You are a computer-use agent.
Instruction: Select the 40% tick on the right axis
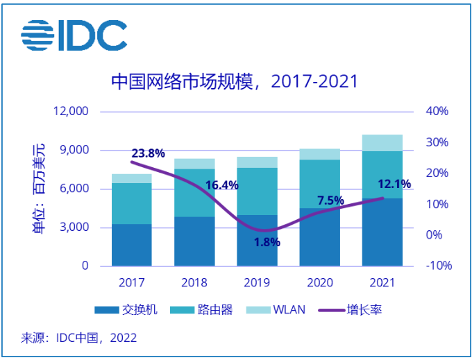coord(437,111)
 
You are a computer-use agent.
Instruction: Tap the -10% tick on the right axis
coord(436,266)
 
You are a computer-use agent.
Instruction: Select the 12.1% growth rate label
coord(394,184)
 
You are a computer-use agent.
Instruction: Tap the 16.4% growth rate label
coord(222,185)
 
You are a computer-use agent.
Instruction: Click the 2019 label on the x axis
coord(256,282)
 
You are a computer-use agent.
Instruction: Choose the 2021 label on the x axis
coord(382,282)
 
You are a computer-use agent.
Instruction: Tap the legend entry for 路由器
coord(201,310)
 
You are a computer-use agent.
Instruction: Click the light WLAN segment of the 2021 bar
coord(382,142)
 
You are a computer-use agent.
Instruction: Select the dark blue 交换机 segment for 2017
coord(131,244)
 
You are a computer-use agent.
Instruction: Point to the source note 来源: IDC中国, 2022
coord(78,338)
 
